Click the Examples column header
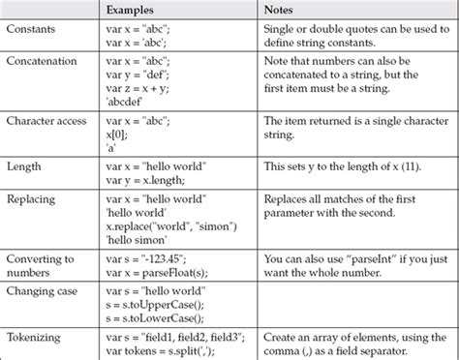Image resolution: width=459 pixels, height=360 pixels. (x=133, y=9)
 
